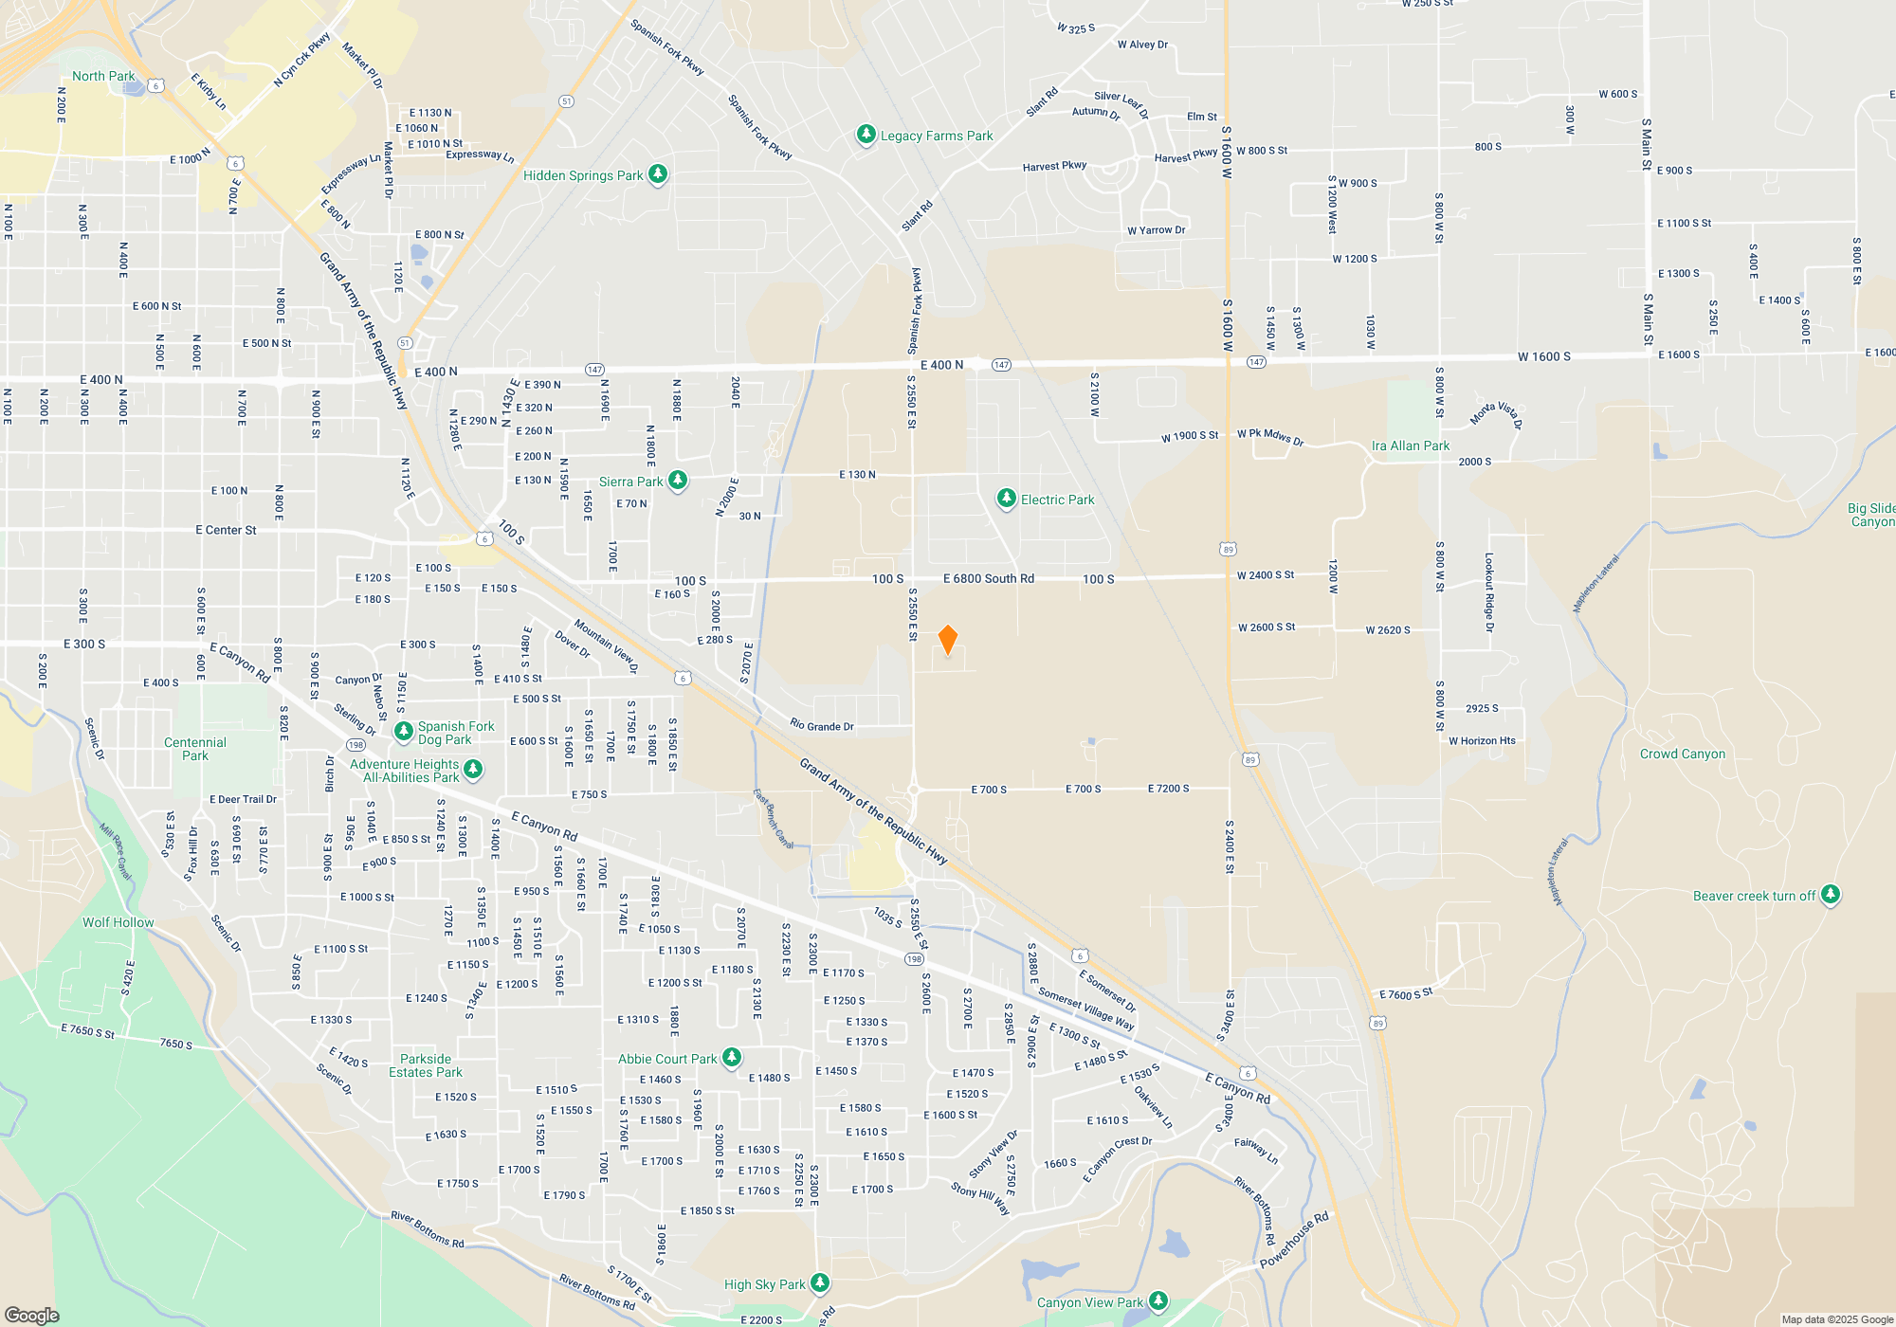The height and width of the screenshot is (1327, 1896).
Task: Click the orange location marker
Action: coord(947,640)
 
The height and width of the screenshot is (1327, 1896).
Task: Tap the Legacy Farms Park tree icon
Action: coord(866,135)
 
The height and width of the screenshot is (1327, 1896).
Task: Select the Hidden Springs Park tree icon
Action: coord(658,174)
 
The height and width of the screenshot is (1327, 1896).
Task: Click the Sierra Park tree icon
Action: coord(678,481)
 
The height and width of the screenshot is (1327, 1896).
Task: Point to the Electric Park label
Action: coord(1057,500)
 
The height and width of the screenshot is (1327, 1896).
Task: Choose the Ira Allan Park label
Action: coord(1410,445)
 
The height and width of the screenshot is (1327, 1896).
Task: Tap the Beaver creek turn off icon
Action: coord(1831,895)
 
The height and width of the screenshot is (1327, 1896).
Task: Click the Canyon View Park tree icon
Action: coord(1158,1301)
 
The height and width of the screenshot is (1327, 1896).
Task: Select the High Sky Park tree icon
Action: coord(820,1283)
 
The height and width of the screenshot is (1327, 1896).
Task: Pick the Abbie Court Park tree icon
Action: coord(732,1058)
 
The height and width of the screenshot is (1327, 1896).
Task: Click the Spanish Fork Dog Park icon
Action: coord(404,732)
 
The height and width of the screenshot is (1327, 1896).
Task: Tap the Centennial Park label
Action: coord(195,749)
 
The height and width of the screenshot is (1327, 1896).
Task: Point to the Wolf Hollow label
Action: coord(118,922)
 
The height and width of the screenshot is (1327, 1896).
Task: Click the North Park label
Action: coord(103,76)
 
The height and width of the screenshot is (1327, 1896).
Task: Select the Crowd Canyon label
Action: coord(1683,754)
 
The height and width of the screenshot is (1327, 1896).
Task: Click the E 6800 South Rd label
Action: coord(988,578)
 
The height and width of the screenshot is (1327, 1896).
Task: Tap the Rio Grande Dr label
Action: coord(822,726)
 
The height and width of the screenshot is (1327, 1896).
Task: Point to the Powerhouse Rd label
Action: coord(1294,1240)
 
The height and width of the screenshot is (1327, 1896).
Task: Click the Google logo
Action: coord(31,1315)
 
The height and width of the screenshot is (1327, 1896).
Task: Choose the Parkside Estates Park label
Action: coord(426,1065)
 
